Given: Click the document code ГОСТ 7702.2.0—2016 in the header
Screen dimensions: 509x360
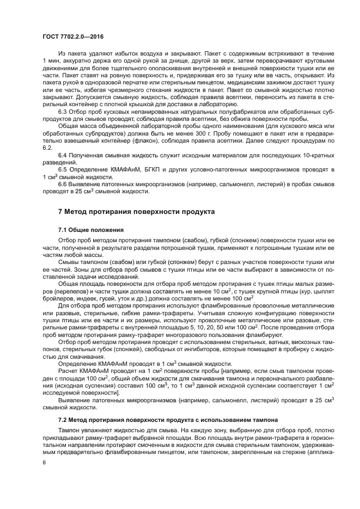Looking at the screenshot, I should pyautogui.click(x=73, y=36).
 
